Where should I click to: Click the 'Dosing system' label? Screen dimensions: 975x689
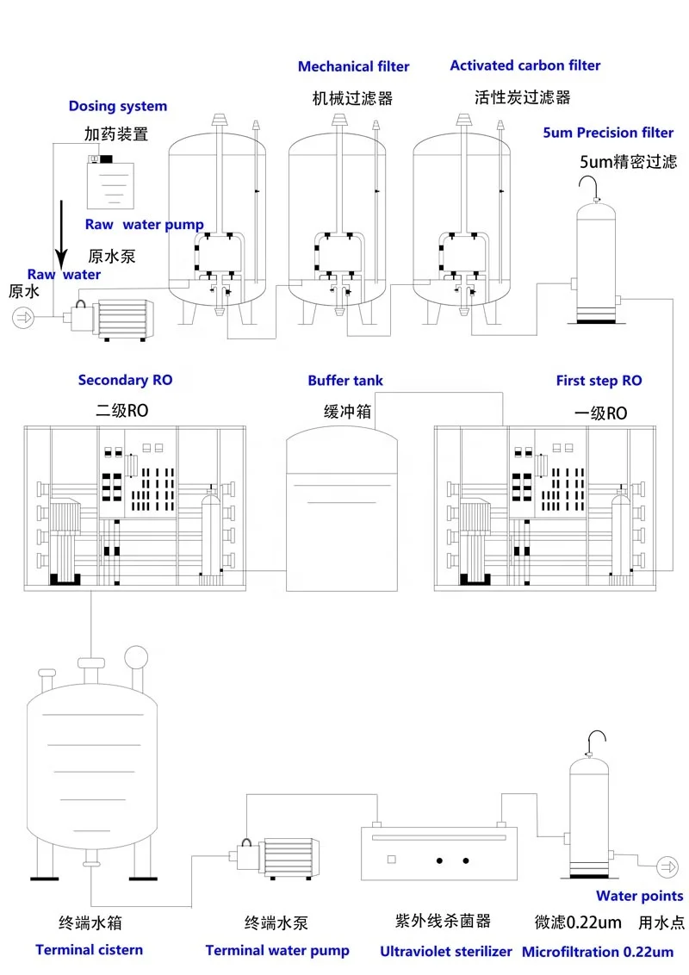click(x=118, y=106)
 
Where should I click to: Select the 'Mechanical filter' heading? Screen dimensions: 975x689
click(x=353, y=66)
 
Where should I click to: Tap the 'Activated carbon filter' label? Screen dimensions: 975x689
click(x=525, y=65)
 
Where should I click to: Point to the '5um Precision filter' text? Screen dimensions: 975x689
click(x=608, y=133)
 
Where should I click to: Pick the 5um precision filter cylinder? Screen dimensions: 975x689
click(x=594, y=258)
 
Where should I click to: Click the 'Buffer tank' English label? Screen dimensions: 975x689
click(x=345, y=380)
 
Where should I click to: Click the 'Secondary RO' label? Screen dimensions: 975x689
click(x=119, y=380)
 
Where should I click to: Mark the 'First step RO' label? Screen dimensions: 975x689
click(x=599, y=381)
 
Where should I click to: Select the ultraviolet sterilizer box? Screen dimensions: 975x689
click(x=438, y=855)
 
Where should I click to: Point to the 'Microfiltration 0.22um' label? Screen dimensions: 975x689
click(x=598, y=952)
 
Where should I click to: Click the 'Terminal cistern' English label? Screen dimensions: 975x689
click(x=89, y=949)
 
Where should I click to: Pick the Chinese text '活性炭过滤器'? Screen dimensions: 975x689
click(x=522, y=96)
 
